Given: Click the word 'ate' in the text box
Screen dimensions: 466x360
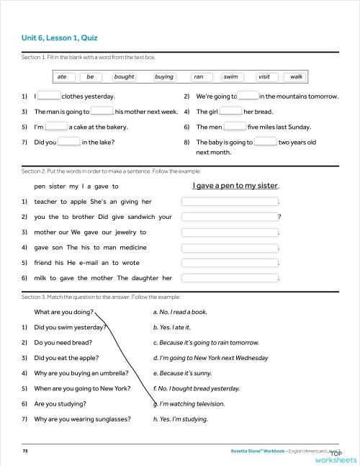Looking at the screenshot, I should tap(62, 76).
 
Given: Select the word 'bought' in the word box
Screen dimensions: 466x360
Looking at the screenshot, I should tap(124, 76).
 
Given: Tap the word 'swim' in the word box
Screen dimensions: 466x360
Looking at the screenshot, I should tap(230, 76).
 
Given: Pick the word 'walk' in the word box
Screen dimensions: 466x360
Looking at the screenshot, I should tap(296, 76).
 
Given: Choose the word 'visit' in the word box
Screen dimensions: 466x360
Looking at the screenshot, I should tap(264, 76).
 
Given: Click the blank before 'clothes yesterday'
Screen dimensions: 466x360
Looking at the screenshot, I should tap(49, 96).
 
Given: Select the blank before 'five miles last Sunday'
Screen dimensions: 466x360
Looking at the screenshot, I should tap(235, 127).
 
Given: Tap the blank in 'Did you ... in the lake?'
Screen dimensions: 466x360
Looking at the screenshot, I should tap(68, 142).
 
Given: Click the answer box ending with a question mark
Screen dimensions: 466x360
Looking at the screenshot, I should tap(230, 217).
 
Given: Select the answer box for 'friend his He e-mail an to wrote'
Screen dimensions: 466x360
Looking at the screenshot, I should tap(230, 262).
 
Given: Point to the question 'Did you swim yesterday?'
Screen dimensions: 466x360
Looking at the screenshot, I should tap(70, 327).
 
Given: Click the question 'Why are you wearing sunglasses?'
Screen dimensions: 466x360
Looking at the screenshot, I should tap(82, 418).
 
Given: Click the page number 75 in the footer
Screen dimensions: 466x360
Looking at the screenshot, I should tap(25, 449).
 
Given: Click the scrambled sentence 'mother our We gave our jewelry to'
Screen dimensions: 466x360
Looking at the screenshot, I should tap(90, 232).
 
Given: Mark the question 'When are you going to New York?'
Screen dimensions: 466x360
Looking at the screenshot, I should tap(82, 388).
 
